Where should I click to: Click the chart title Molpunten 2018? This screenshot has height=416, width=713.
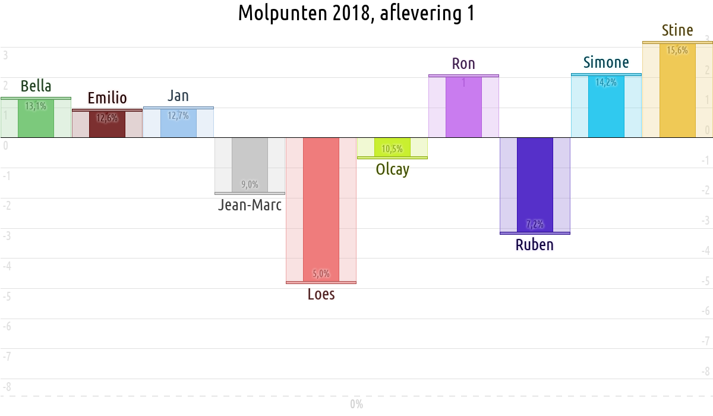click(x=356, y=13)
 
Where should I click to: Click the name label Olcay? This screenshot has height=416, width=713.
click(x=392, y=170)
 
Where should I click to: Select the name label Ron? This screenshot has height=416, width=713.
click(x=463, y=64)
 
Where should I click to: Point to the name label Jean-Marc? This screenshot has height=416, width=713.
click(x=250, y=206)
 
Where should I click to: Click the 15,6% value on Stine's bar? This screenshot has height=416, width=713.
click(x=677, y=51)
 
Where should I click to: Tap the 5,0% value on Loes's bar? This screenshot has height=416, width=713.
click(x=321, y=274)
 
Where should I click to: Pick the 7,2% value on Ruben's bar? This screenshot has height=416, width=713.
click(x=535, y=225)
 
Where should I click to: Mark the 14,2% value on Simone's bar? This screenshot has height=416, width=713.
click(x=606, y=83)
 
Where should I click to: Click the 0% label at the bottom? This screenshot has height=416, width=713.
click(x=356, y=405)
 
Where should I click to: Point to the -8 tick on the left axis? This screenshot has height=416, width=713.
click(x=7, y=387)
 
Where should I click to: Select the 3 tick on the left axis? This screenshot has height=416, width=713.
click(x=5, y=55)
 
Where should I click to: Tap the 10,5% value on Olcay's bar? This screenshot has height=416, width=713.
click(x=392, y=149)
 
